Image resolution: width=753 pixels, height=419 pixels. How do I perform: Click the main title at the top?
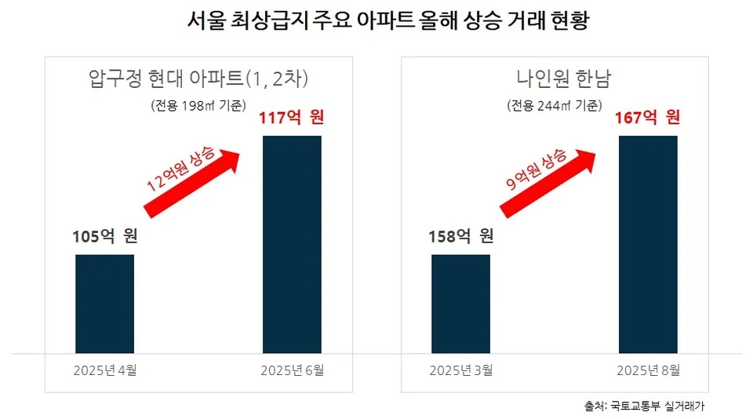click(376, 21)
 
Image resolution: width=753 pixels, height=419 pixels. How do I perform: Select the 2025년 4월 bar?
click(104, 304)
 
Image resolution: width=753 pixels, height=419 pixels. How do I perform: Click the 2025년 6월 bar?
click(292, 244)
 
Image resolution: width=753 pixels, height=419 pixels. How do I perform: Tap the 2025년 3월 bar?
click(460, 304)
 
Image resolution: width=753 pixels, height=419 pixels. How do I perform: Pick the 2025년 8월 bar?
click(648, 244)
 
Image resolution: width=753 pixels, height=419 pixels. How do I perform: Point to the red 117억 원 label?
click(292, 118)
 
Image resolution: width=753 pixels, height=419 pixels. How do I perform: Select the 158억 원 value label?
click(461, 236)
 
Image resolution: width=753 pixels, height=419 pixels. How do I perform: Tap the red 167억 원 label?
click(648, 118)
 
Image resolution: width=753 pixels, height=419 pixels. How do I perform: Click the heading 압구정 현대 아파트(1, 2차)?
click(198, 78)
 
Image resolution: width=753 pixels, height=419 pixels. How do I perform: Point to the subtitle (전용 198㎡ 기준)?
click(198, 104)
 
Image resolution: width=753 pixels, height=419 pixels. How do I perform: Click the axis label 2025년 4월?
click(104, 370)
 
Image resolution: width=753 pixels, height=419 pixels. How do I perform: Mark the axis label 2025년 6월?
click(292, 370)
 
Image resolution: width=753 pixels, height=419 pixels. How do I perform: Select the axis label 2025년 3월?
click(460, 370)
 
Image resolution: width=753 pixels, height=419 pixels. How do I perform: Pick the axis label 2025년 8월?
click(648, 370)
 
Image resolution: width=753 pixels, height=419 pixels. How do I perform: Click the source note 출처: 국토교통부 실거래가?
click(644, 406)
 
